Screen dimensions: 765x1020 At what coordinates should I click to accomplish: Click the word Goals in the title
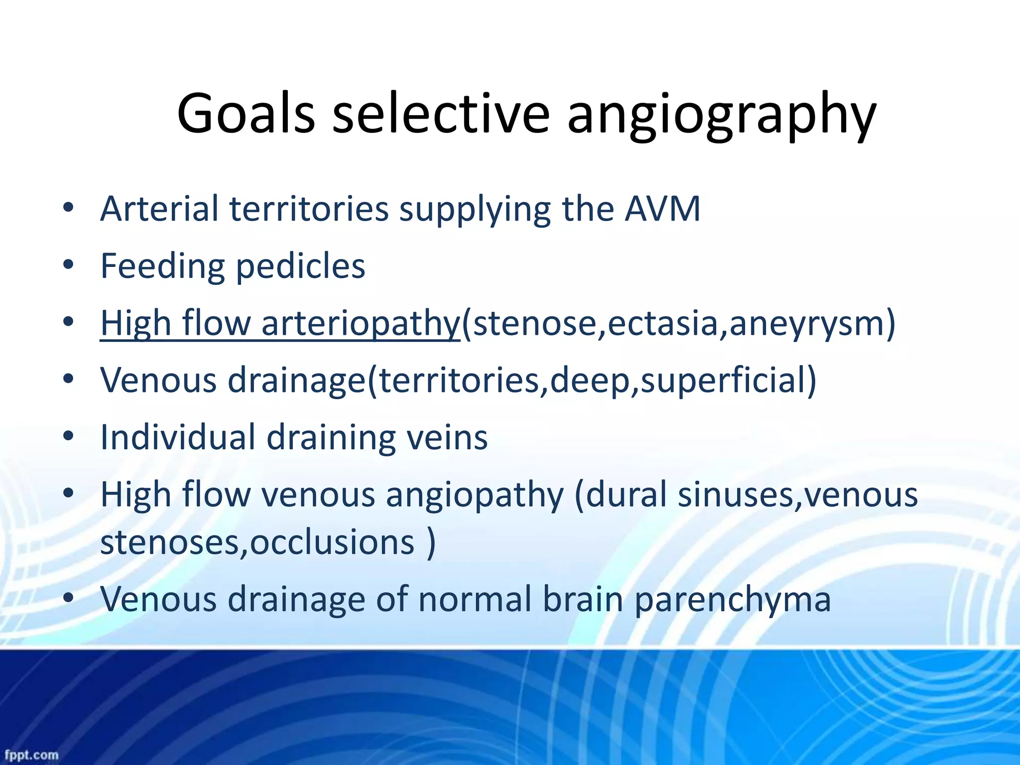(246, 114)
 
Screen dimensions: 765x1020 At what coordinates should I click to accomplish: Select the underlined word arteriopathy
(360, 323)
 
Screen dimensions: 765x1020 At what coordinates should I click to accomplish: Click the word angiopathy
(475, 495)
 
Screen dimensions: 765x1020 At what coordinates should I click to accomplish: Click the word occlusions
(332, 542)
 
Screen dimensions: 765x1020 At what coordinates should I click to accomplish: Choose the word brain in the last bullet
(583, 599)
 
